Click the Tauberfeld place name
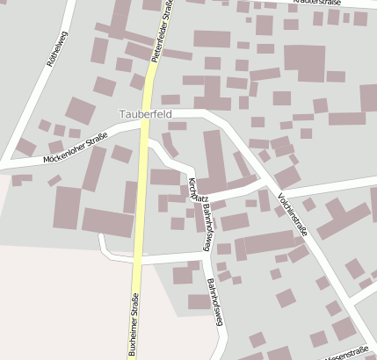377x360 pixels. click(146, 115)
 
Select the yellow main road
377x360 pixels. click(141, 220)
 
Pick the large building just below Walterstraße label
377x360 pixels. click(304, 62)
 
